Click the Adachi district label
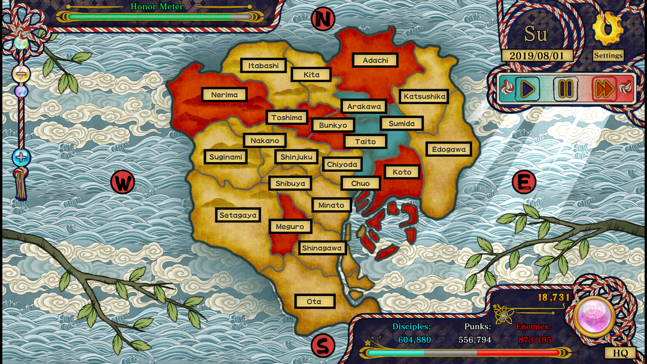coord(375,60)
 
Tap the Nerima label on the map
coord(224,95)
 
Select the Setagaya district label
coord(238,215)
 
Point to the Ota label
coord(314,301)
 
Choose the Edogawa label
coord(449,149)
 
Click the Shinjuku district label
coord(296,157)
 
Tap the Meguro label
coord(290,226)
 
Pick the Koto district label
coord(402,172)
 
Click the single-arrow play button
coord(527,89)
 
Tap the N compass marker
coord(323,19)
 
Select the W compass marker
coord(123,182)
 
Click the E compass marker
coord(524,182)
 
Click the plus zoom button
coord(21,157)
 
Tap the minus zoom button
coord(21,73)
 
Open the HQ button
coord(620,353)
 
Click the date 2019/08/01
coord(537,56)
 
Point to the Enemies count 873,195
coord(535,340)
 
